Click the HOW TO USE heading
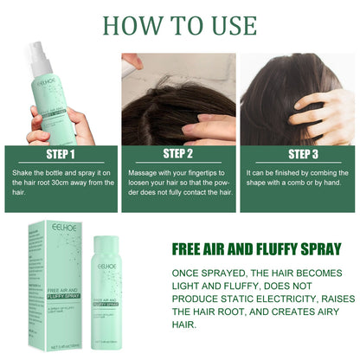tap(180, 23)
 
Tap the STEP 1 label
tap(61, 155)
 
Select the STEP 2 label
tap(178, 155)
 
